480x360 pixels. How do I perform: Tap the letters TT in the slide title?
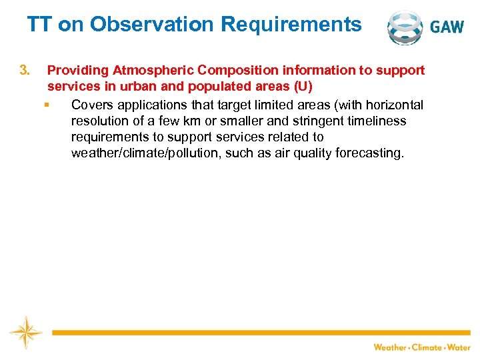pos(40,25)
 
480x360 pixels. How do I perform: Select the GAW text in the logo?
pos(447,27)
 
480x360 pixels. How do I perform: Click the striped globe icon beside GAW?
pos(405,27)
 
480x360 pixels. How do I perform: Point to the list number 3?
pos(25,70)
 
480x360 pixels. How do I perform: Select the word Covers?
pos(93,105)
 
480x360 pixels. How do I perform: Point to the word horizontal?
pos(394,105)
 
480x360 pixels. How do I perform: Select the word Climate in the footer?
pos(426,347)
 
